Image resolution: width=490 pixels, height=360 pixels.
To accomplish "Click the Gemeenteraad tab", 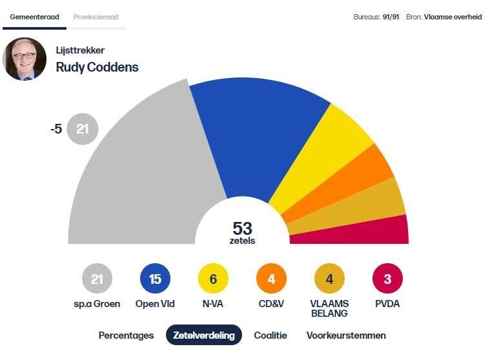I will [x=34, y=17].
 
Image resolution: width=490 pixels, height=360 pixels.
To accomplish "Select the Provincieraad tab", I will [x=96, y=17].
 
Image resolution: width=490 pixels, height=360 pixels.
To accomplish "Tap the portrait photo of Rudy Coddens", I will [x=25, y=59].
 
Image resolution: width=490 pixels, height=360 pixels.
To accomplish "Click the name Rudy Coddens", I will [x=97, y=67].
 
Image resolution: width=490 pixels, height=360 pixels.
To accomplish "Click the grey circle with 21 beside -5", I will [x=83, y=129].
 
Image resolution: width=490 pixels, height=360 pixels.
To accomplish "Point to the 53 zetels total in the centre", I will [x=242, y=232].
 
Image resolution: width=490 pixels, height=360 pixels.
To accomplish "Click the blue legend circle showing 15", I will [x=155, y=279].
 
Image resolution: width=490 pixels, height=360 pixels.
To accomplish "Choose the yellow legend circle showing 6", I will [x=213, y=279].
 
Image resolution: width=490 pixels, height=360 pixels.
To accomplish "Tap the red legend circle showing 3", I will [x=387, y=279].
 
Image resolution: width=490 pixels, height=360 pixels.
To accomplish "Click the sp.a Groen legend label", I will [x=97, y=304].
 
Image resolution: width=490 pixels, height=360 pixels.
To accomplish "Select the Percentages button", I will [x=126, y=335].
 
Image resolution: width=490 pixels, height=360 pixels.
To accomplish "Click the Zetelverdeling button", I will [x=203, y=335].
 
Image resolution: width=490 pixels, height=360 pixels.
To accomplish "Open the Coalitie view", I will [x=271, y=335].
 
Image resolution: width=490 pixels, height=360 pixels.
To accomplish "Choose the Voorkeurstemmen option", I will [x=346, y=335].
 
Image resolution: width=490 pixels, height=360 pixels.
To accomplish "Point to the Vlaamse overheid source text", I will [x=453, y=17].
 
